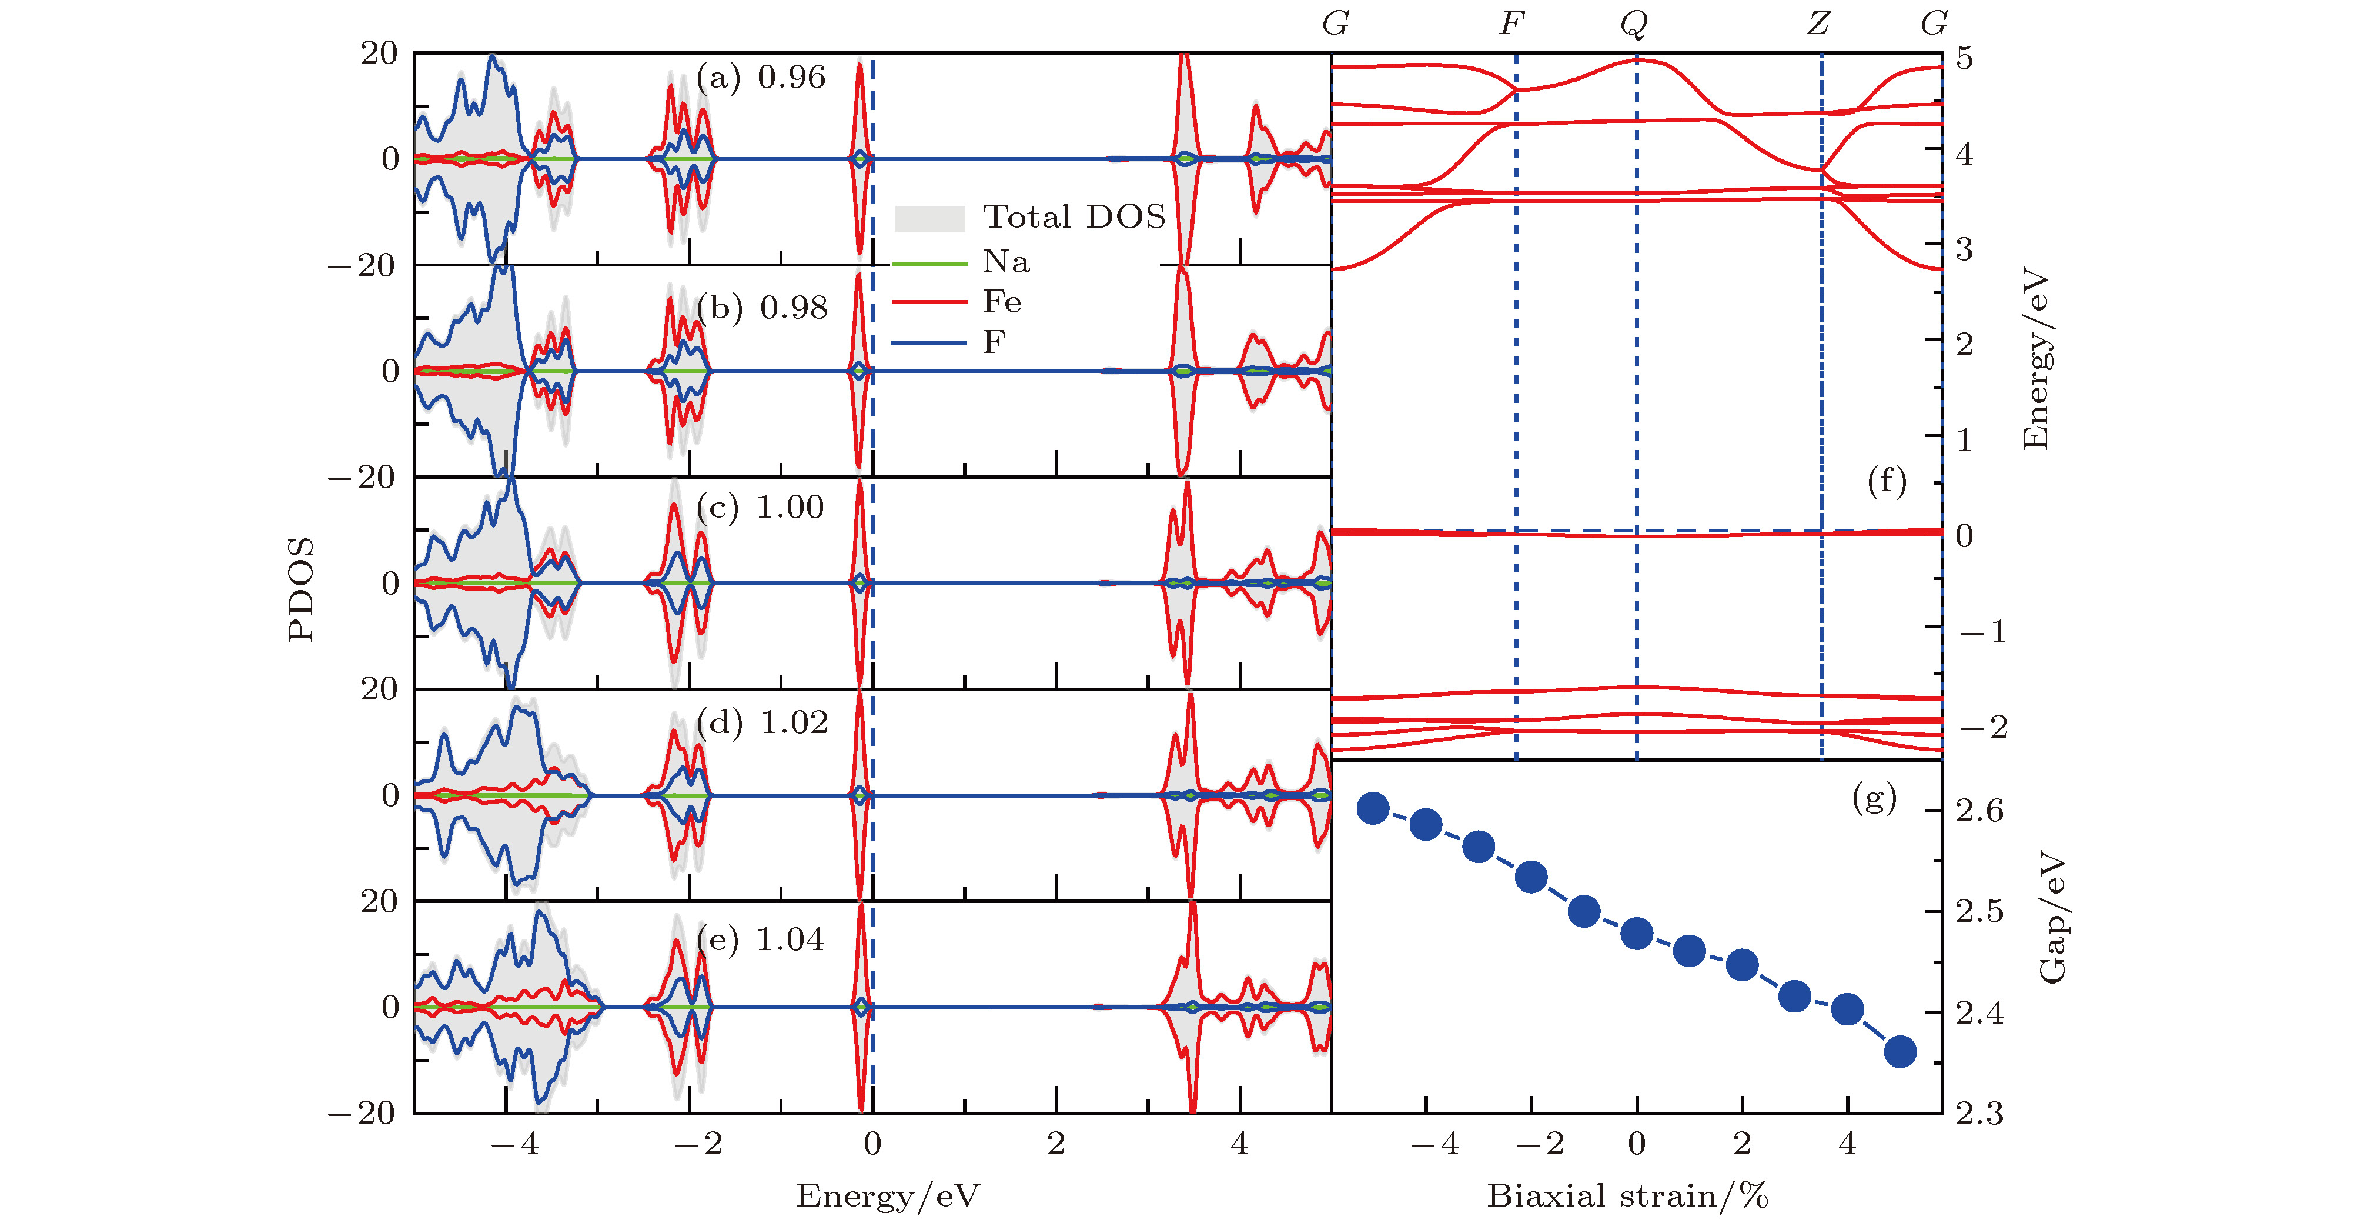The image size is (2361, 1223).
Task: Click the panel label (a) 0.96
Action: coord(761,77)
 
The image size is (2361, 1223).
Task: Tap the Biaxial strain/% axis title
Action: coord(1627,1195)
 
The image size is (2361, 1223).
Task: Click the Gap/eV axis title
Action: coord(2052,917)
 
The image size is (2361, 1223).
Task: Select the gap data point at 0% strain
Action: coord(1637,934)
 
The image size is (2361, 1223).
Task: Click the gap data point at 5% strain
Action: coord(1900,1052)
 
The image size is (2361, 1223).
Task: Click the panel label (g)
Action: coord(1874,798)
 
